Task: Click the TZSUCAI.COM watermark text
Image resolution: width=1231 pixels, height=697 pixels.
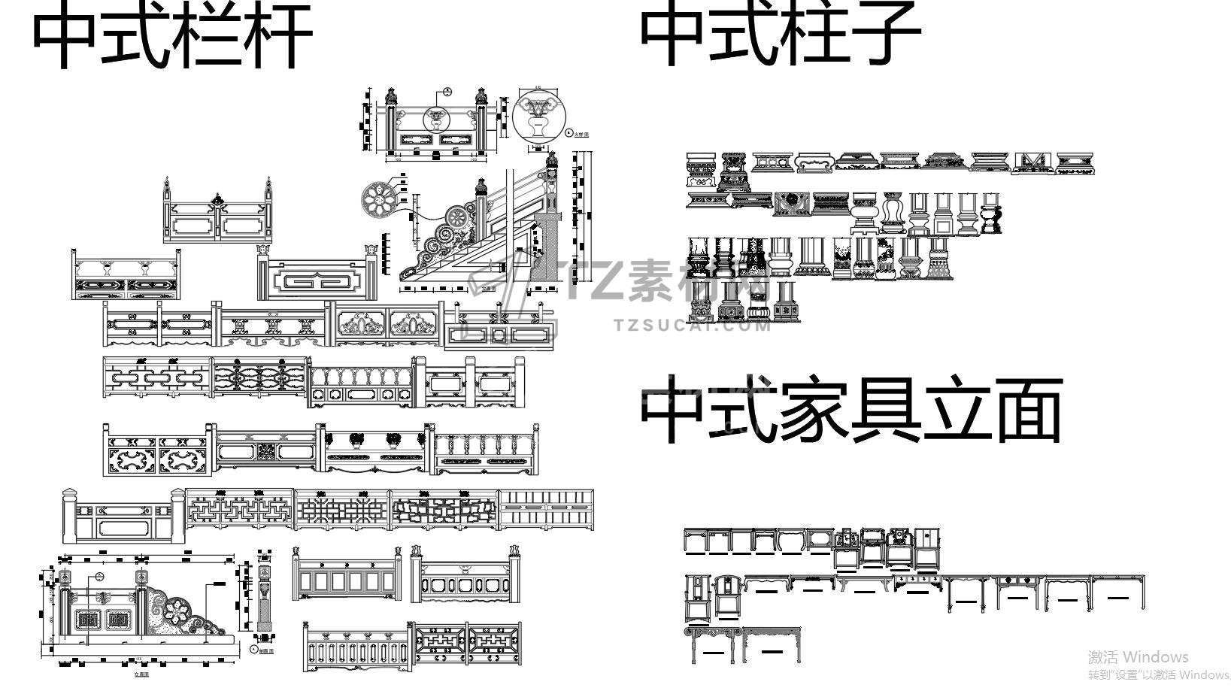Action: [692, 326]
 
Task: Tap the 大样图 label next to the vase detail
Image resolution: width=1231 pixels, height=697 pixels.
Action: [581, 135]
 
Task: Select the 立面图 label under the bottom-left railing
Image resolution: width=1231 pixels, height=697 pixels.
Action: [141, 674]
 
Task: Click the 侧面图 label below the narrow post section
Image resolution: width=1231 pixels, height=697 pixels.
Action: [268, 651]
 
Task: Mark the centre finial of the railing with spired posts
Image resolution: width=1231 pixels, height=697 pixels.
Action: [217, 200]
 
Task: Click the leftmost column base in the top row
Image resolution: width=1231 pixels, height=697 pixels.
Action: [702, 171]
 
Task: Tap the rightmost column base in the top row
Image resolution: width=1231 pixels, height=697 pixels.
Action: [1075, 163]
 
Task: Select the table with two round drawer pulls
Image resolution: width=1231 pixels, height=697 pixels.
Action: [1017, 592]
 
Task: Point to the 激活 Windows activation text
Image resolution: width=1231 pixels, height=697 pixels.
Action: [1138, 657]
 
